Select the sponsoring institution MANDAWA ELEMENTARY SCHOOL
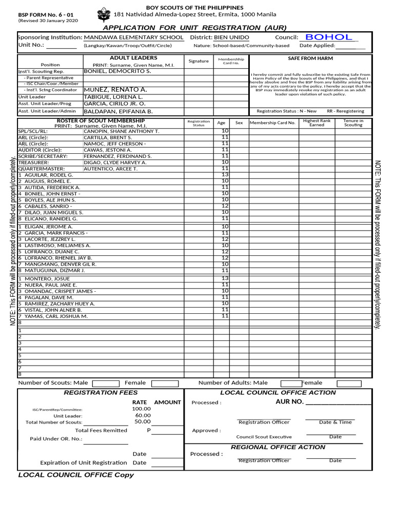pyautogui.click(x=133, y=37)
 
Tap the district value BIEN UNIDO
pyautogui.click(x=231, y=37)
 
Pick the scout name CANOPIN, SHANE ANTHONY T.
pyautogui.click(x=121, y=131)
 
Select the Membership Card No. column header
pyautogui.click(x=272, y=123)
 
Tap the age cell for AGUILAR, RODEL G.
pyautogui.click(x=225, y=175)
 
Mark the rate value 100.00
pyautogui.click(x=141, y=409)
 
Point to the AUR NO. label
pyautogui.click(x=290, y=401)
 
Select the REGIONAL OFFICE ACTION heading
pyautogui.click(x=278, y=447)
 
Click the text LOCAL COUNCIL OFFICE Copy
pyautogui.click(x=76, y=475)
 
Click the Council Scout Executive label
pyautogui.click(x=264, y=437)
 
